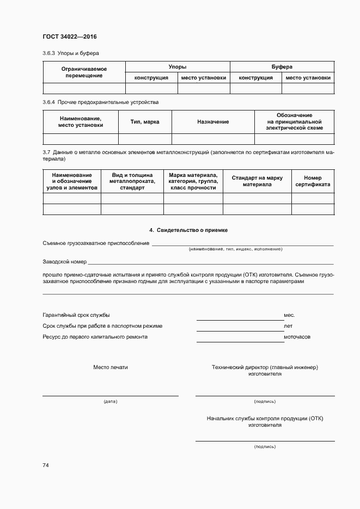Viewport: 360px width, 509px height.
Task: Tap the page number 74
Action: point(46,465)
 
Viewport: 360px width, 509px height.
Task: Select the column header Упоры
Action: point(178,66)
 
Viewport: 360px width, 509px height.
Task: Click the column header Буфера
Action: point(282,66)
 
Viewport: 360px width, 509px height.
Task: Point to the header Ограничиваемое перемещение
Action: point(84,72)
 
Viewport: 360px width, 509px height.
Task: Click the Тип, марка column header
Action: point(145,122)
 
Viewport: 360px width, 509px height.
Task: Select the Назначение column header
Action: point(213,122)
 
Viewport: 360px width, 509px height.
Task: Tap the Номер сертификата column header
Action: point(313,181)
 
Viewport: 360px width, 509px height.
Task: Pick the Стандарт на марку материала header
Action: point(257,181)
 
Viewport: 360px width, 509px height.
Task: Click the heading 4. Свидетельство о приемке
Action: point(188,230)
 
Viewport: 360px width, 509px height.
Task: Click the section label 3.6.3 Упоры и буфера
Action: point(71,53)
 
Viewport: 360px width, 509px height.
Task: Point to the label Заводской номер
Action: point(64,261)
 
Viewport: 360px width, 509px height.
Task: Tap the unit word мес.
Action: point(289,315)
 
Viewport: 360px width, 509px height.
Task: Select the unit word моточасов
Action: point(297,337)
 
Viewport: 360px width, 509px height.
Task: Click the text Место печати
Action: point(111,367)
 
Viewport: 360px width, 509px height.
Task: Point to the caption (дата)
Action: point(111,401)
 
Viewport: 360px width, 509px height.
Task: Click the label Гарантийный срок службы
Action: point(76,315)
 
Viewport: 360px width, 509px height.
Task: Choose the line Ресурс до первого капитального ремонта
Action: point(95,337)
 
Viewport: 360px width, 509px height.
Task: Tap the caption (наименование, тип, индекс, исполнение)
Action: point(235,249)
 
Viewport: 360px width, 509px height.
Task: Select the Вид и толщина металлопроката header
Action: point(132,181)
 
